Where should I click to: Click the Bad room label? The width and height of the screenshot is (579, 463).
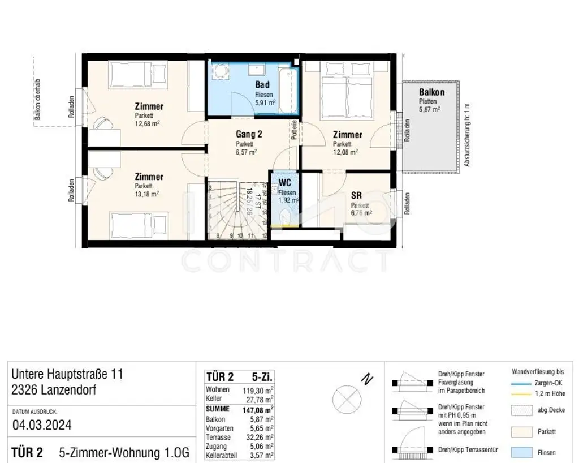[254, 84]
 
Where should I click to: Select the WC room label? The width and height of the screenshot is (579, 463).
[285, 183]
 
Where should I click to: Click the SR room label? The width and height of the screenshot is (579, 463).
[356, 195]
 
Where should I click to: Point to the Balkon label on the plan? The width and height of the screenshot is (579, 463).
[431, 92]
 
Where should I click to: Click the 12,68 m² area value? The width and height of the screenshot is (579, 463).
[146, 123]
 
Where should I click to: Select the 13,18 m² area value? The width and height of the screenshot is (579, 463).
[146, 194]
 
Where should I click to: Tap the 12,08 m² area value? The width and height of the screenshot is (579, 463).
[345, 152]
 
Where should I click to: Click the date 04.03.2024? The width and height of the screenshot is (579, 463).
[42, 425]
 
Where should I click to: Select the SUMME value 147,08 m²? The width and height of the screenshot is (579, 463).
[262, 409]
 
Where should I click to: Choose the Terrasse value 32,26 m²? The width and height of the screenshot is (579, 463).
[262, 437]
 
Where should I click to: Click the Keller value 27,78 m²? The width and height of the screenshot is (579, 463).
[262, 400]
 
